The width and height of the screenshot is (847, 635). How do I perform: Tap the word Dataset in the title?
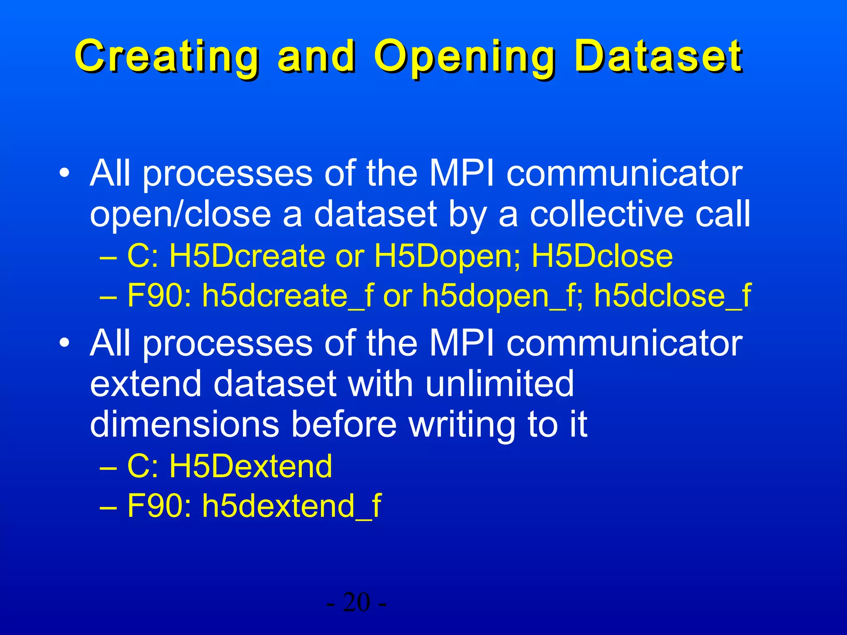[x=658, y=56]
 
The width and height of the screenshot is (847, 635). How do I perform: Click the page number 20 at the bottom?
[x=357, y=602]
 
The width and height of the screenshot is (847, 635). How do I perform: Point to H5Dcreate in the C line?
[x=247, y=256]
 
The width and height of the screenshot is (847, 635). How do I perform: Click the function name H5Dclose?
[x=602, y=256]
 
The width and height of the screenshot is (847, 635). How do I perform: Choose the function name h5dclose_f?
[x=672, y=296]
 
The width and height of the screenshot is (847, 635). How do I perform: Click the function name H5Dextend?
[x=251, y=466]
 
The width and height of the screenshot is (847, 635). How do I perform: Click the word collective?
[x=607, y=214]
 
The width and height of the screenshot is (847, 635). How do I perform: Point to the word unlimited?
[x=500, y=384]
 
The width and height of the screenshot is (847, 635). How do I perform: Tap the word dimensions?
[x=184, y=424]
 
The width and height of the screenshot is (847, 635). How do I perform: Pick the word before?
[x=344, y=424]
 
